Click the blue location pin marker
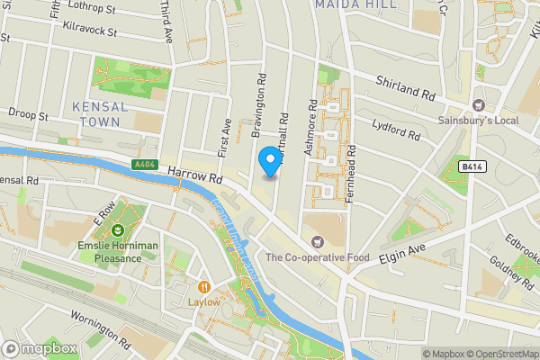268,162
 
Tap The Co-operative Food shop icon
317,241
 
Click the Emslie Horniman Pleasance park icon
113,242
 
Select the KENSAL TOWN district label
99,113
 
